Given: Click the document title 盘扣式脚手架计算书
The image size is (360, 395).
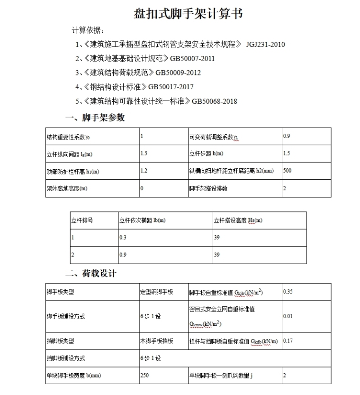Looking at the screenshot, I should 188,14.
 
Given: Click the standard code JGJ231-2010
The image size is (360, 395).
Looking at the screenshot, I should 266,45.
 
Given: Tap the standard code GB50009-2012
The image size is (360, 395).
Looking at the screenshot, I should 178,73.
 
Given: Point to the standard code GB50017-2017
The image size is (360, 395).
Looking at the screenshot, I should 171,87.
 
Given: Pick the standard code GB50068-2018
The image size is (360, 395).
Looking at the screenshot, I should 215,101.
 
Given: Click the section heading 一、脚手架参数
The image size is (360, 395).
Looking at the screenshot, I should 95,118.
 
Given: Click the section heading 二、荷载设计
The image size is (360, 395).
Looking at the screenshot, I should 90,274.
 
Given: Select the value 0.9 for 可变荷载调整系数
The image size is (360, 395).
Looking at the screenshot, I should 286,136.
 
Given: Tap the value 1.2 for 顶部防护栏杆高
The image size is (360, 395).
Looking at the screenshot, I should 144,170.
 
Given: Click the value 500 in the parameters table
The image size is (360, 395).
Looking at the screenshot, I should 287,170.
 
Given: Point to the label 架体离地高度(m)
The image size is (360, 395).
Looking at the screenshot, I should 67,188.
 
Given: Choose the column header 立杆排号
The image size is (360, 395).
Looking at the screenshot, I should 82,220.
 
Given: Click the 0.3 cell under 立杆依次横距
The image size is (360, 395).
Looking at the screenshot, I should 123,238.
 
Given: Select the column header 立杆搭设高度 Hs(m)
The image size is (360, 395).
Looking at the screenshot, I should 238,220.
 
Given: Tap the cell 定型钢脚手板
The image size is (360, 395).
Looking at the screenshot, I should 157,292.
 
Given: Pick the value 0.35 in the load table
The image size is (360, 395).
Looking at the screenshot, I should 288,291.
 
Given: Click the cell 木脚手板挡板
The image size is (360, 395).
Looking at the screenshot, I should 157,341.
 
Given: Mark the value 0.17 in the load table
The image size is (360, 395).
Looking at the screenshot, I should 288,340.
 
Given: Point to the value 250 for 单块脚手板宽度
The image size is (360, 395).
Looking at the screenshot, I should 144,376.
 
